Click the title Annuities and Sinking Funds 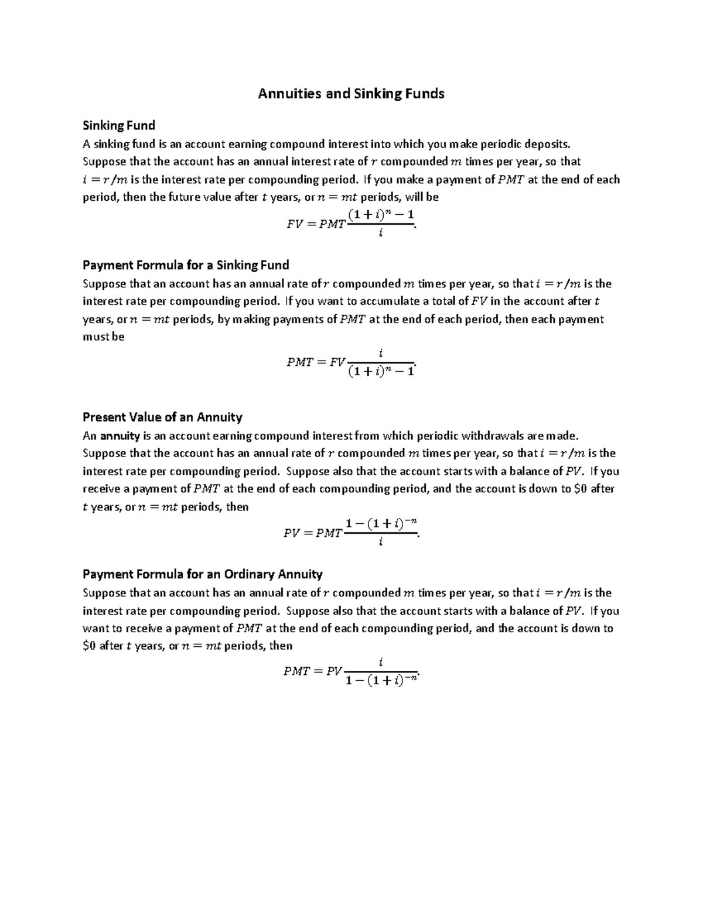[351, 94]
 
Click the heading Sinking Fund [119, 125]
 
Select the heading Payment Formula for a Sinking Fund [186, 265]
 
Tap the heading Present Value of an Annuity [162, 417]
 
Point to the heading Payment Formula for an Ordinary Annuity [203, 574]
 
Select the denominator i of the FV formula [381, 234]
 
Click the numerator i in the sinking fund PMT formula [381, 353]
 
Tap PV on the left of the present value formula [292, 533]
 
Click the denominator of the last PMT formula [381, 680]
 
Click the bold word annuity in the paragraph [119, 435]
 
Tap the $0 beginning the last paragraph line [89, 646]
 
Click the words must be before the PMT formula [104, 337]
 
